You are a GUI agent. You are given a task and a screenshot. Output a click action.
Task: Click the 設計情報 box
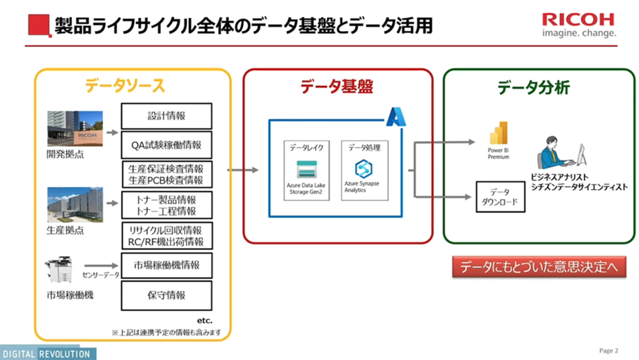166,115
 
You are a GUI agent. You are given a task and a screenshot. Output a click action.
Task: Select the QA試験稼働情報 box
166,145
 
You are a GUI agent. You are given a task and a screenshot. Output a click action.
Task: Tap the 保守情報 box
166,295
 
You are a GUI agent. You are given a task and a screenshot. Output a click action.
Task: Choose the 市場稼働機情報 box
166,265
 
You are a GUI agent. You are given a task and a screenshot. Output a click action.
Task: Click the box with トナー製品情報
166,205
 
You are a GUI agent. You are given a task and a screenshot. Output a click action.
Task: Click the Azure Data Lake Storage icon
305,169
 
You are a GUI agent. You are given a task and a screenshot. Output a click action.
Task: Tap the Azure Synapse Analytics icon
362,168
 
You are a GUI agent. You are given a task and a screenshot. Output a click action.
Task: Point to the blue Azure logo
396,117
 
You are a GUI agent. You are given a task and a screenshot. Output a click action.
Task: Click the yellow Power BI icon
497,136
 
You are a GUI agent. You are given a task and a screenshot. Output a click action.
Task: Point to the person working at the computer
561,153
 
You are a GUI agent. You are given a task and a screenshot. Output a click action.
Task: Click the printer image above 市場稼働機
63,271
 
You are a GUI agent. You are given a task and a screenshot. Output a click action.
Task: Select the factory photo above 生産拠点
74,204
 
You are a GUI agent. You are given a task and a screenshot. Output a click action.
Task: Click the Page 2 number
608,350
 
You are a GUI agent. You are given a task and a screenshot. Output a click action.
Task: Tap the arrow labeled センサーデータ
100,265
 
